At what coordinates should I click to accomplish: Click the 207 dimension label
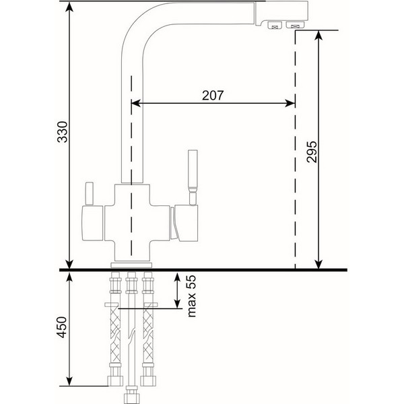click(213, 96)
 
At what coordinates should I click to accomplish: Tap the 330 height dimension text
click(63, 132)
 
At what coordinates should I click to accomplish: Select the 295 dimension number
click(312, 151)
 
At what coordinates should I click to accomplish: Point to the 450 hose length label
click(62, 327)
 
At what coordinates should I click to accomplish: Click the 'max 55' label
click(191, 296)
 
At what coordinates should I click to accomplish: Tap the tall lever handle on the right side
click(193, 177)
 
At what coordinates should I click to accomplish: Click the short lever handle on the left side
click(89, 194)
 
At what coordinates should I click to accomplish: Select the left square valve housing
click(93, 223)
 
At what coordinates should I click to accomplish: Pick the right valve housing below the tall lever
click(186, 223)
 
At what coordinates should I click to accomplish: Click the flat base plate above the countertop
click(131, 265)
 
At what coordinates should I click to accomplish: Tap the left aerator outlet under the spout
click(275, 26)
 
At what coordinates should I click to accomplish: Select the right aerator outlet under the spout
click(296, 25)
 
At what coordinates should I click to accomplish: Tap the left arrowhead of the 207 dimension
click(135, 103)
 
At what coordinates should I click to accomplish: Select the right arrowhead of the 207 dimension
click(290, 103)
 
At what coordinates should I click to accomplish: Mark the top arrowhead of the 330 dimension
click(69, 7)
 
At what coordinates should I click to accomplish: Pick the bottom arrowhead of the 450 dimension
click(69, 381)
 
